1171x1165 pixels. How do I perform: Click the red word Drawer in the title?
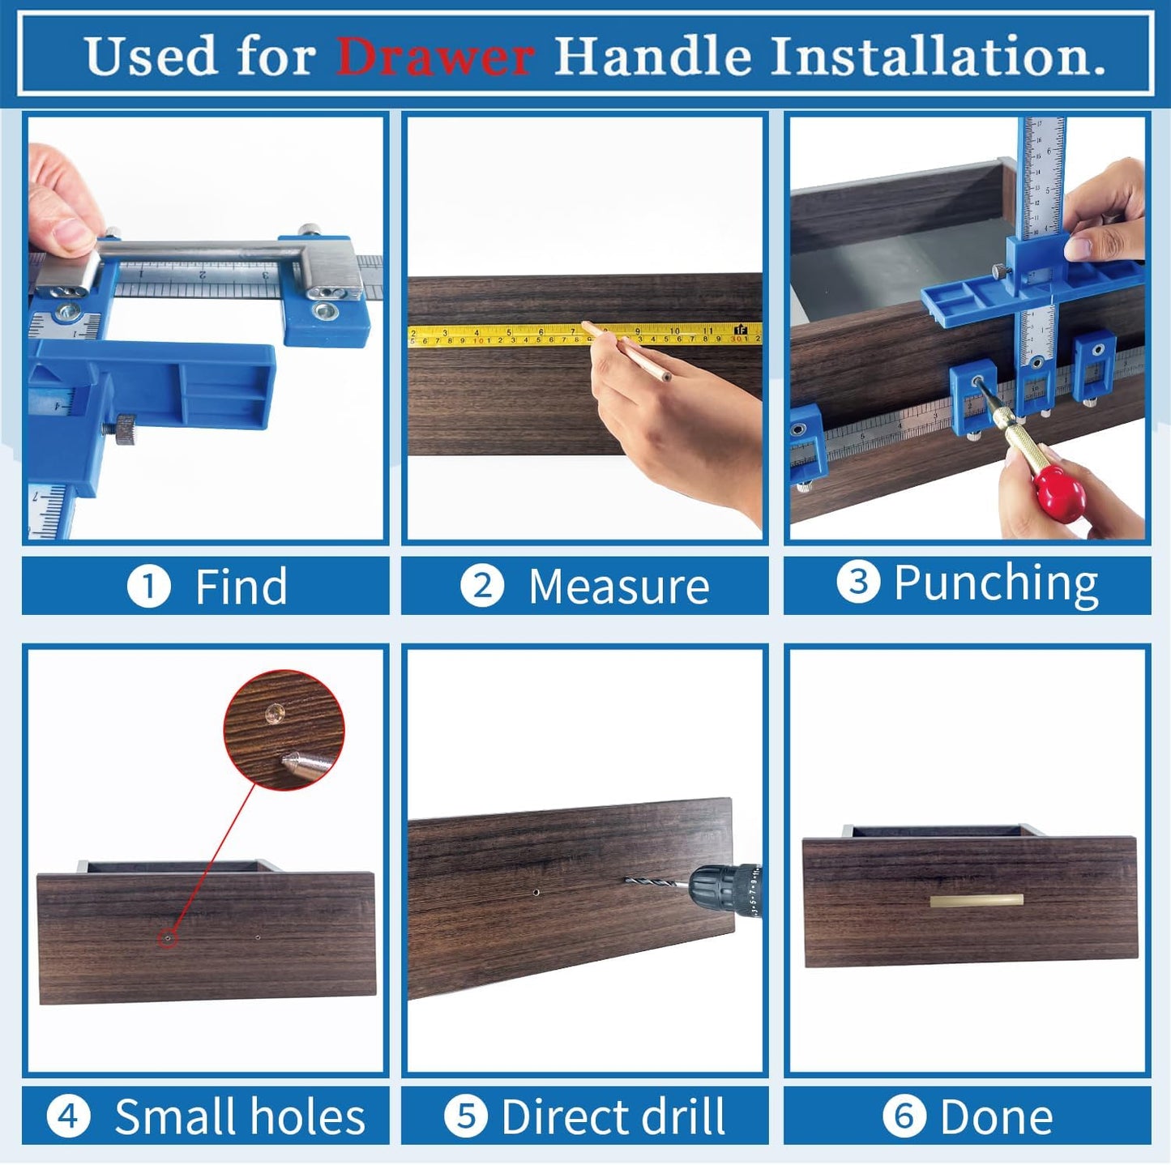(434, 57)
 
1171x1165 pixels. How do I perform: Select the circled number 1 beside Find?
(148, 587)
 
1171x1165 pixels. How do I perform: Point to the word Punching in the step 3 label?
(995, 583)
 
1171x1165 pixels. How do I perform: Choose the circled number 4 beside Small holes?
(68, 1116)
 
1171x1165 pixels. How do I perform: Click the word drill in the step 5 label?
(677, 1116)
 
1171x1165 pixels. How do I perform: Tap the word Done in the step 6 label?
(996, 1117)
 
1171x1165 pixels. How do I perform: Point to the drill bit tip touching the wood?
(629, 881)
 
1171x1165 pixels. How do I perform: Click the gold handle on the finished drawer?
(977, 900)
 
